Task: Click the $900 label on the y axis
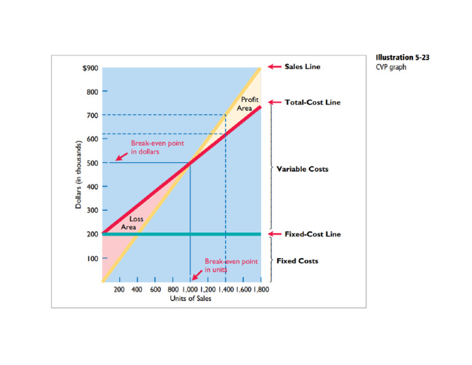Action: (x=90, y=68)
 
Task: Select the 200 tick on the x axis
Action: (x=120, y=288)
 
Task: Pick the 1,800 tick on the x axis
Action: (x=261, y=288)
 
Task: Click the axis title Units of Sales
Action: (x=191, y=299)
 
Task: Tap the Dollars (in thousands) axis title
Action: (x=78, y=175)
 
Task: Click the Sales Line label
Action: (x=302, y=66)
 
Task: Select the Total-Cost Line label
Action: (x=312, y=102)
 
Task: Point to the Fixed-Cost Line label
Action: (x=312, y=234)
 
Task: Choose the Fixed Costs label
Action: (x=297, y=261)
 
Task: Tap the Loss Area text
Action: (x=132, y=222)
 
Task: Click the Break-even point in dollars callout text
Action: (x=157, y=147)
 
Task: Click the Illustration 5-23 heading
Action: (x=403, y=58)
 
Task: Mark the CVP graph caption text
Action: (x=391, y=67)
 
